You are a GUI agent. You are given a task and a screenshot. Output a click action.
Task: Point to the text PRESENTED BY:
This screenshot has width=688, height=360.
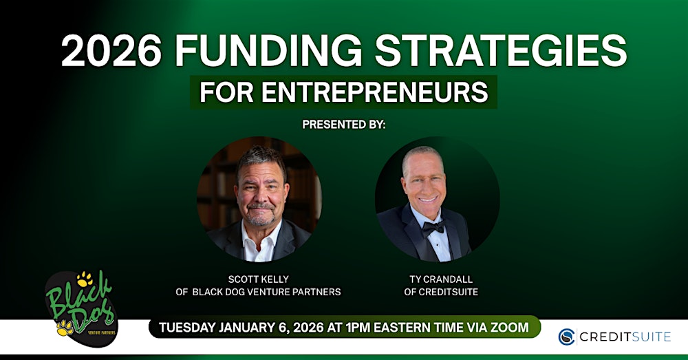tap(344, 125)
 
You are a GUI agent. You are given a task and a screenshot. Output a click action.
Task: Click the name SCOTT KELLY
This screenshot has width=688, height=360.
tap(259, 279)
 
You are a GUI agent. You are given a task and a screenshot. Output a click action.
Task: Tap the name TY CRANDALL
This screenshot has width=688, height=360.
tap(441, 279)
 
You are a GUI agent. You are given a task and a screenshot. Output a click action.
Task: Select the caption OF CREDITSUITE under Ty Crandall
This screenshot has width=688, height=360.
tap(441, 292)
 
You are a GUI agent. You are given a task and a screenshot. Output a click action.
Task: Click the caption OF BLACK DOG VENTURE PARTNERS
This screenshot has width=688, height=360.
tap(259, 292)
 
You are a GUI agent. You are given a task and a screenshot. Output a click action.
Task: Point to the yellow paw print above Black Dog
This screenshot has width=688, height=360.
tap(84, 279)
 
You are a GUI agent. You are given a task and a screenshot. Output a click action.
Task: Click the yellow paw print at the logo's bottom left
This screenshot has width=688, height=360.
tap(65, 328)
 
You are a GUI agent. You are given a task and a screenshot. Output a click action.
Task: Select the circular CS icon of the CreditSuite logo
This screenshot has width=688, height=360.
tap(566, 337)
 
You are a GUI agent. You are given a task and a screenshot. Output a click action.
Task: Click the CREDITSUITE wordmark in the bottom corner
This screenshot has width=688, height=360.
tap(625, 337)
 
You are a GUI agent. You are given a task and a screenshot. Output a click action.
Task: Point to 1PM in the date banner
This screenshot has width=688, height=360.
tap(358, 328)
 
